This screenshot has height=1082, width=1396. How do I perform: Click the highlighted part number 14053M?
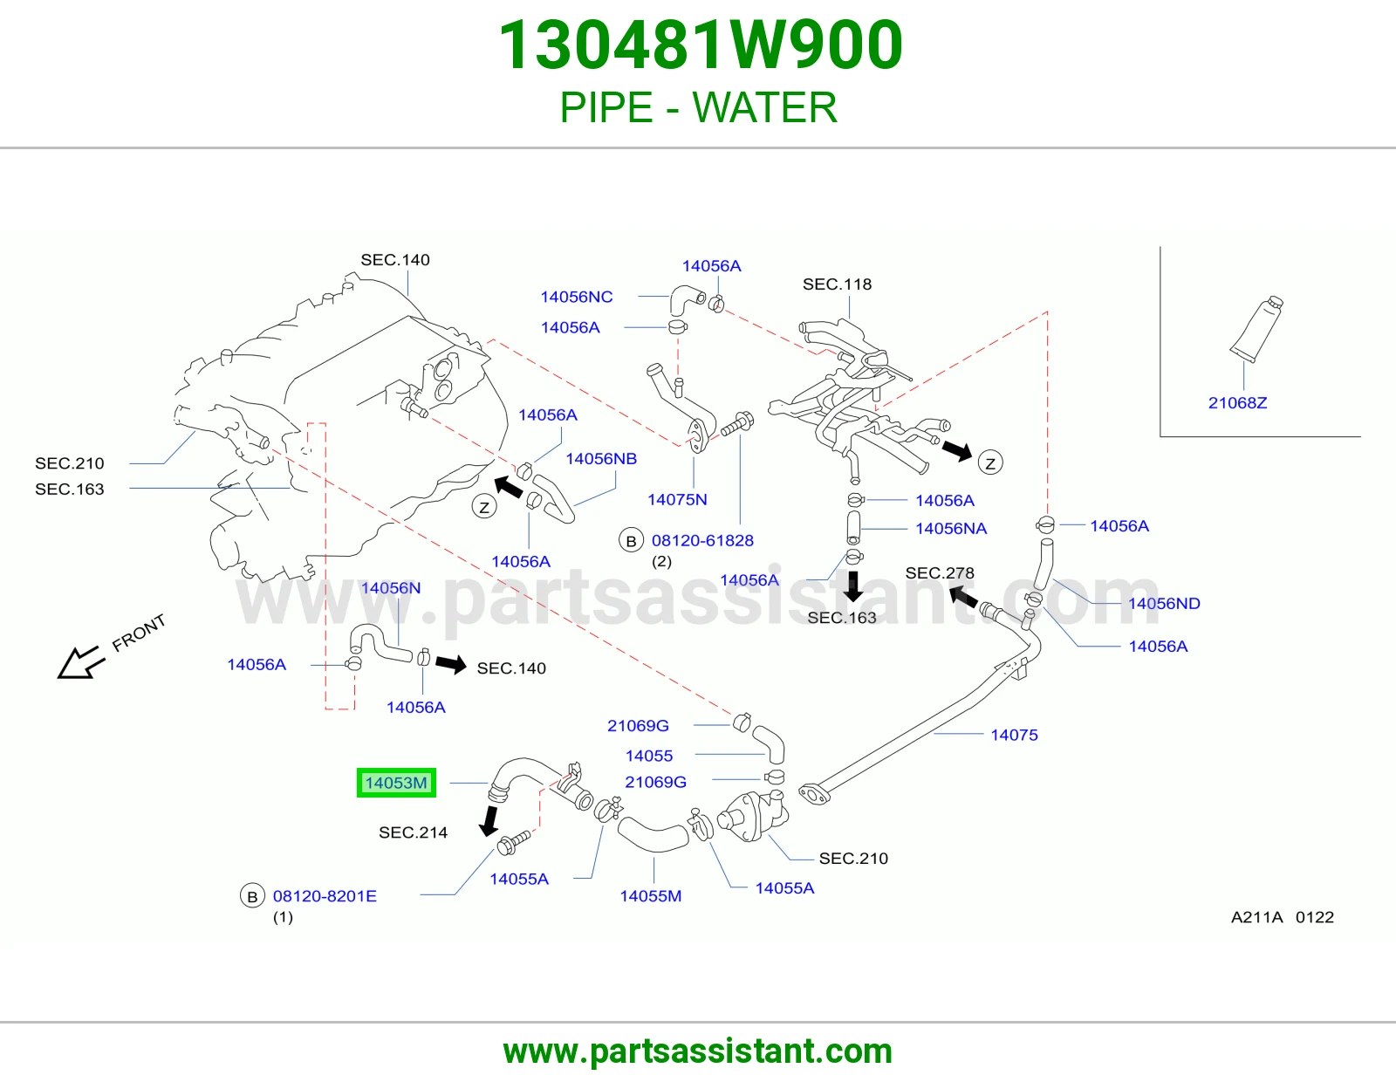(396, 783)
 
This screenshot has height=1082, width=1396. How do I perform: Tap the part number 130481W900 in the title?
(701, 45)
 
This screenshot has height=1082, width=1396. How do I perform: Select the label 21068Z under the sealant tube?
(1237, 403)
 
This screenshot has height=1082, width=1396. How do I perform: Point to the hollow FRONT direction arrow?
(79, 662)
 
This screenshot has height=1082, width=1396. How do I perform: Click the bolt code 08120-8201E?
(325, 895)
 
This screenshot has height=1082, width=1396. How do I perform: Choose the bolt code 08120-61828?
(702, 540)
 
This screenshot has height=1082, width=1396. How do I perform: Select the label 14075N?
(677, 499)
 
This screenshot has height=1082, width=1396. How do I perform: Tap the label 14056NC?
(576, 297)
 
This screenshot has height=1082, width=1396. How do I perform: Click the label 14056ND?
(1164, 603)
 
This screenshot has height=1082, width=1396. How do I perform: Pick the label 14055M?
(650, 895)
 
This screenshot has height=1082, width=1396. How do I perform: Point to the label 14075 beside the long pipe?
(1014, 735)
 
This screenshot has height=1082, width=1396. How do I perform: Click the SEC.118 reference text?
(837, 284)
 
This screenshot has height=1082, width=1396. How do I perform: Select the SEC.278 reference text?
(939, 572)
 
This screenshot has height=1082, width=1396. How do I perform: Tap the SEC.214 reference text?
(413, 832)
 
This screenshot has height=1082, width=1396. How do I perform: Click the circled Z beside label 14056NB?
(483, 508)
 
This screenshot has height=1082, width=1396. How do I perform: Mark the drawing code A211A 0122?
(1283, 917)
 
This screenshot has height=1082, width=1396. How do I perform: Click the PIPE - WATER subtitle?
(698, 107)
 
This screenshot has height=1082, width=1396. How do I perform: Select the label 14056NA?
(951, 528)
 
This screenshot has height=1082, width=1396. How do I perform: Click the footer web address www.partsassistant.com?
(698, 1051)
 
